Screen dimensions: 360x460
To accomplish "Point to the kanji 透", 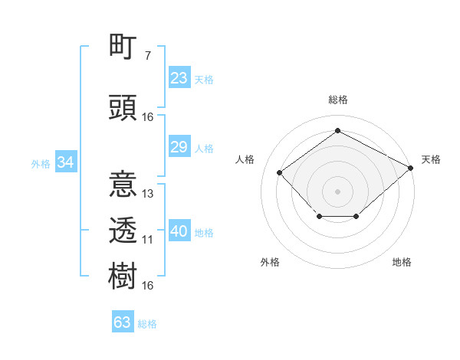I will click(123, 228).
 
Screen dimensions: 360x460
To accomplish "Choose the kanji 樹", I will click(123, 274).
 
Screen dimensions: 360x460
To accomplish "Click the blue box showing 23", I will click(179, 78).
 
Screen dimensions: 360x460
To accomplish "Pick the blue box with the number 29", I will click(179, 147).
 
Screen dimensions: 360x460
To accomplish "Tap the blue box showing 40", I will click(179, 231).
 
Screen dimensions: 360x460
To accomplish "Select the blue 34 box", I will click(65, 162).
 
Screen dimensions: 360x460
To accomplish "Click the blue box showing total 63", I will click(123, 322).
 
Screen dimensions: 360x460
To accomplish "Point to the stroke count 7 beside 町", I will click(148, 56).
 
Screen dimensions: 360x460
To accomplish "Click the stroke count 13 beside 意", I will click(148, 194).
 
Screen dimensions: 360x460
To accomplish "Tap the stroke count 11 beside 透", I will click(148, 240).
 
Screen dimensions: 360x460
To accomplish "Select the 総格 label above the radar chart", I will click(337, 100).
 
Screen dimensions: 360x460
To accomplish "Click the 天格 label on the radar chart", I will click(431, 159).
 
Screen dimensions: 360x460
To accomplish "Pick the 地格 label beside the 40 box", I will click(204, 233).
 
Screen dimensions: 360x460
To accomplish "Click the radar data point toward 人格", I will click(280, 172).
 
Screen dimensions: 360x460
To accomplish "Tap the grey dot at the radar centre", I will click(337, 191).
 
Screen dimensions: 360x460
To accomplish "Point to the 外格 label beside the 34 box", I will click(40, 164).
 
